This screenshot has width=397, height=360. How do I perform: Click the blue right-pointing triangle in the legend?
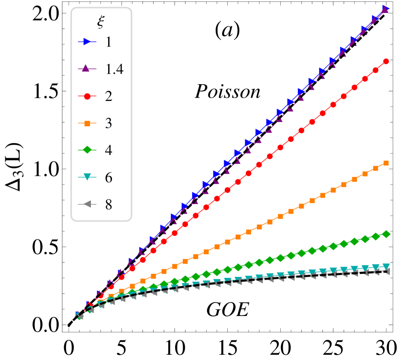(87, 42)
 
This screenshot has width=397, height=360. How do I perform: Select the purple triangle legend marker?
(86, 68)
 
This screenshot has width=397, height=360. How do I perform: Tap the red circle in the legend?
(87, 96)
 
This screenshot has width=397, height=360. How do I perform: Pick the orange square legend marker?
(87, 123)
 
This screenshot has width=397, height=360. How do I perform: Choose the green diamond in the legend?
(87, 150)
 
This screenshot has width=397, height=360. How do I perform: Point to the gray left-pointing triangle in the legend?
(87, 204)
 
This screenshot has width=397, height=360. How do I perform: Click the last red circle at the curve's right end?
(386, 62)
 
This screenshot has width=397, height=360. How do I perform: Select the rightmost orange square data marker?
(386, 163)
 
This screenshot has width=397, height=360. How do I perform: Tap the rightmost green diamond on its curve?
(386, 234)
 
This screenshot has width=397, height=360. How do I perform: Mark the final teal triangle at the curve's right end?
(386, 266)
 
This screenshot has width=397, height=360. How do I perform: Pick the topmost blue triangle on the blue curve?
(386, 8)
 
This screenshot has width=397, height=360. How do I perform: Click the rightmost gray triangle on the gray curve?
(386, 271)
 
